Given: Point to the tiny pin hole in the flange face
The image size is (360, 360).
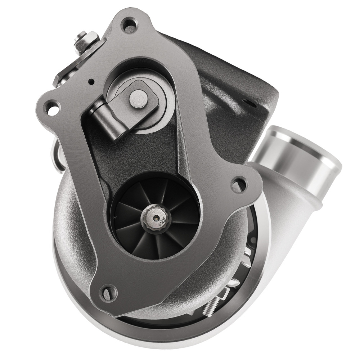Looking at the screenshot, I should [x=92, y=81].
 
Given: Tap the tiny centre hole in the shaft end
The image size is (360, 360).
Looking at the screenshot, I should [x=156, y=217].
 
